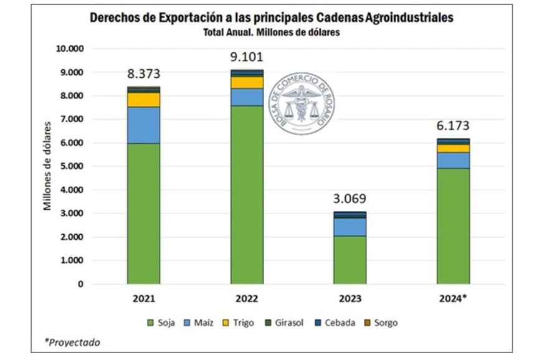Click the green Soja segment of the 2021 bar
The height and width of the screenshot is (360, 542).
(143, 214)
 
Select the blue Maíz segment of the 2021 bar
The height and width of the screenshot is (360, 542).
(143, 125)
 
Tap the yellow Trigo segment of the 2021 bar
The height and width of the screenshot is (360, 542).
(143, 100)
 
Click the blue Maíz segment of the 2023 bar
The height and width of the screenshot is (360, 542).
(349, 227)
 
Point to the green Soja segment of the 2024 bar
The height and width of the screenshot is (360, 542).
(453, 226)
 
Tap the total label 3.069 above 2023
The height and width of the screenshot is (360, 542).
(349, 199)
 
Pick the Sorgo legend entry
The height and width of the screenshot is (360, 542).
(381, 323)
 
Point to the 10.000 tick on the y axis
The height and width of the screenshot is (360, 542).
(70, 49)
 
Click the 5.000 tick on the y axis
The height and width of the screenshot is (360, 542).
(72, 166)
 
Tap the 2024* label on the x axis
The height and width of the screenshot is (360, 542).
(453, 298)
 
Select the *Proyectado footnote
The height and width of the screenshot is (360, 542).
(72, 342)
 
